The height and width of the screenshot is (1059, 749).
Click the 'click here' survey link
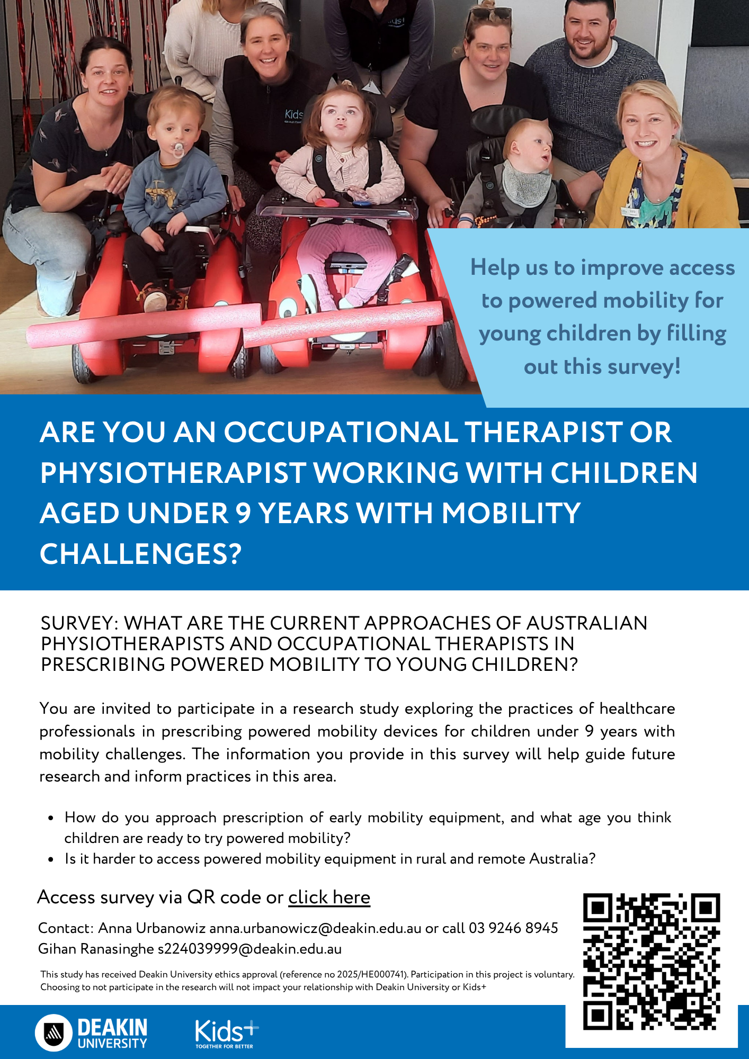click(329, 898)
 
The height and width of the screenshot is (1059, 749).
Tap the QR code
click(652, 962)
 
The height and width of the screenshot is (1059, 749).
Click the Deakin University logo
click(91, 1033)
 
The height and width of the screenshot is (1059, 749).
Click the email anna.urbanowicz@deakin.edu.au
click(316, 928)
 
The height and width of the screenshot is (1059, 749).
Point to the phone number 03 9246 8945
click(513, 928)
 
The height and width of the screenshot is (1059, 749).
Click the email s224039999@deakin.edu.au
click(249, 949)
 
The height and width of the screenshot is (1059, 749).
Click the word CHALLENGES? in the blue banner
click(141, 554)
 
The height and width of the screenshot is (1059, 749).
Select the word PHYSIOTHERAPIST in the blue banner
click(173, 473)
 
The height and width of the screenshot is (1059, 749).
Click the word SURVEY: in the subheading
click(79, 623)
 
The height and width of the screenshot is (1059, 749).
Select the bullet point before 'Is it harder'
click(51, 859)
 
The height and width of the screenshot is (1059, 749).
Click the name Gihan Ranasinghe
click(96, 949)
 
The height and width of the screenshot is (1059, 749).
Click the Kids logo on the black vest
click(294, 114)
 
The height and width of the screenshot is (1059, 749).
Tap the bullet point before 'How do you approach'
click(51, 818)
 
